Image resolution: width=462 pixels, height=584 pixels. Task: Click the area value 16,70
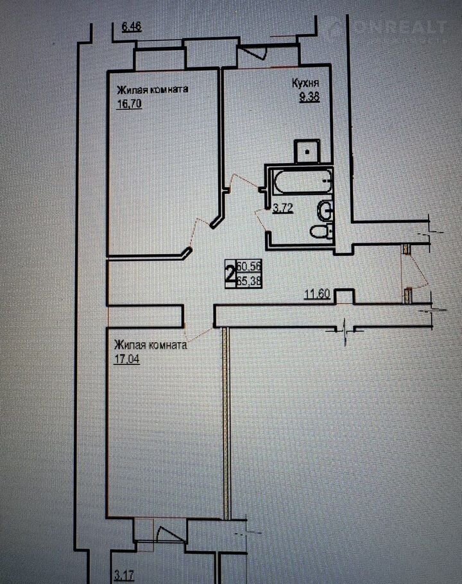coord(130,103)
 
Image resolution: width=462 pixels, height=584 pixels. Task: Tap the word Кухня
coord(305,83)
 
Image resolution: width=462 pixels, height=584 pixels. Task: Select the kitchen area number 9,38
coord(310,97)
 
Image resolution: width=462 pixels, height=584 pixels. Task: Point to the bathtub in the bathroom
coord(301,180)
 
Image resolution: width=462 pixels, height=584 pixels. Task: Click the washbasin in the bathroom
coord(325,210)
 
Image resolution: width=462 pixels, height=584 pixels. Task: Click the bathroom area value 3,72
coord(282,208)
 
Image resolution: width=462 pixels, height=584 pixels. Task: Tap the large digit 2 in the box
coord(230,275)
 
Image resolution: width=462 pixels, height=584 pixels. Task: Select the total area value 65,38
coord(249,281)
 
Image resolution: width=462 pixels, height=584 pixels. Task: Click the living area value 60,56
coord(249,267)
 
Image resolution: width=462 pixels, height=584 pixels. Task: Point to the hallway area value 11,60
coord(317,295)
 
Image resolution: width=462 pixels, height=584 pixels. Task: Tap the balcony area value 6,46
coord(132,27)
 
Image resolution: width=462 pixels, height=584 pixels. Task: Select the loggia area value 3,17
coord(123,576)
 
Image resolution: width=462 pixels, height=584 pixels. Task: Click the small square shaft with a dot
coord(307,151)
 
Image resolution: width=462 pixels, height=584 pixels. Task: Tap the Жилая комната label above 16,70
coord(153,90)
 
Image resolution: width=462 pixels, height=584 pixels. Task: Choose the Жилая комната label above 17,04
coord(150,345)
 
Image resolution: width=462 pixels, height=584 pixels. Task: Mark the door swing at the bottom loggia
coord(169,533)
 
